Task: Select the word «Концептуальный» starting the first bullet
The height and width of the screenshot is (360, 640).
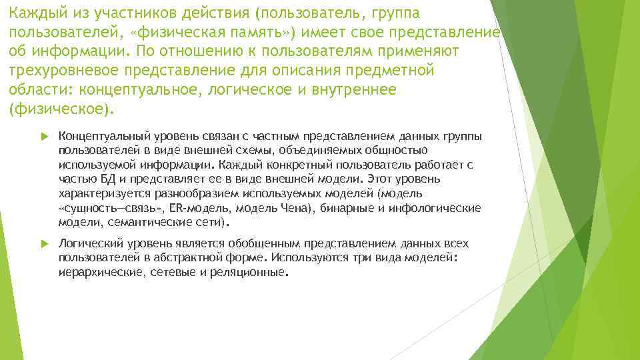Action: [x=99, y=137]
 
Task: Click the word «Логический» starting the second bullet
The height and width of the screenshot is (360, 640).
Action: [x=87, y=244]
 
